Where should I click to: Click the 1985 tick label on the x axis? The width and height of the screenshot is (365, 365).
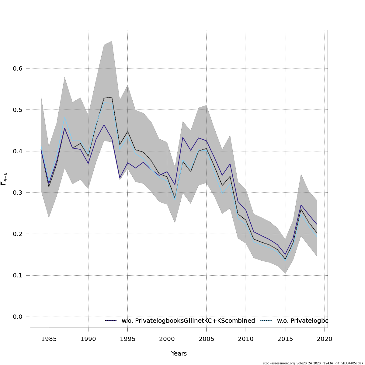tap(49, 339)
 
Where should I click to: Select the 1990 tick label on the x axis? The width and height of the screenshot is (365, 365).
tap(88, 339)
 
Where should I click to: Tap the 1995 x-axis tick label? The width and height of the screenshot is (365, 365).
tap(127, 339)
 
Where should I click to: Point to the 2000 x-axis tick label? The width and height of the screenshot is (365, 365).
tap(167, 339)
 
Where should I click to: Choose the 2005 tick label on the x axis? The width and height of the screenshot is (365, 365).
tap(207, 339)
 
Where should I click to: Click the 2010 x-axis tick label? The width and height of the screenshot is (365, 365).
tap(246, 339)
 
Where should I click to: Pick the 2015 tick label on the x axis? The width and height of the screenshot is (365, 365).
tap(285, 339)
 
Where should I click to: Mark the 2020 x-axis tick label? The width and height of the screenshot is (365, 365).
tap(325, 339)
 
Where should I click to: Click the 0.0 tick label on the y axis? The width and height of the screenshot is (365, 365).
tap(18, 317)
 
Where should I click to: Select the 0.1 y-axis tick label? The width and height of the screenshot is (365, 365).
tap(18, 276)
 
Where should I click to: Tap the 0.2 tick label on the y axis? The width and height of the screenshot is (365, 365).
tap(18, 234)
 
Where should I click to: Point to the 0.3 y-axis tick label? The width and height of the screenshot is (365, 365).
tap(18, 193)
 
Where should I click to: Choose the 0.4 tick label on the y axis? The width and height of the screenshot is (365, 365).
tap(18, 151)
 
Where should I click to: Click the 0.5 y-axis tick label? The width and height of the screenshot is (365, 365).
tap(18, 110)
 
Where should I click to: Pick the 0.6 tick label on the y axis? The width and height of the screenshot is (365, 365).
tap(18, 68)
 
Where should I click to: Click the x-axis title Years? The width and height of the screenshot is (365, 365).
tap(179, 354)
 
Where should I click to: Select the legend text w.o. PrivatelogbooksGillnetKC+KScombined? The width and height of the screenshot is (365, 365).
tap(188, 321)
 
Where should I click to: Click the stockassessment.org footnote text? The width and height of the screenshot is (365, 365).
tap(313, 363)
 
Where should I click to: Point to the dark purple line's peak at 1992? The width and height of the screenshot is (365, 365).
tap(104, 125)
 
